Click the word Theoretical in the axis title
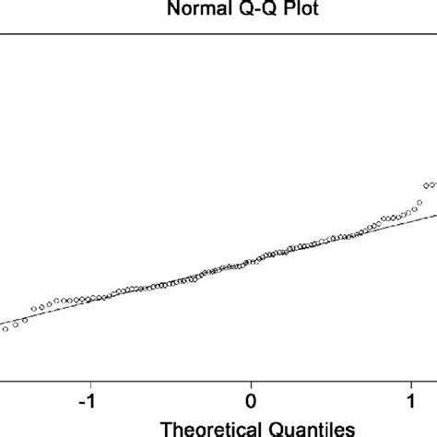209,428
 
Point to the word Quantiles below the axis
304,428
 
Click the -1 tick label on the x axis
88,401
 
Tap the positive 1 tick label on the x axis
410,401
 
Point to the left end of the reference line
2,325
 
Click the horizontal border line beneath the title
218,35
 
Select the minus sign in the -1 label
81,402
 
